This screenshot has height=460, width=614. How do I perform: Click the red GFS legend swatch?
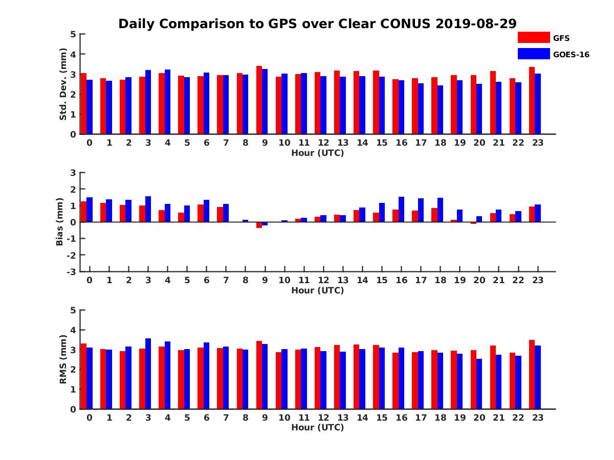coord(533,37)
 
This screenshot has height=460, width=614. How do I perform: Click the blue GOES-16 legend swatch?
coord(533,54)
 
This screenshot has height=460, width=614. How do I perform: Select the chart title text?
coord(317,24)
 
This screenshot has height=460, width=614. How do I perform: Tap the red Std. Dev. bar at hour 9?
coord(259,100)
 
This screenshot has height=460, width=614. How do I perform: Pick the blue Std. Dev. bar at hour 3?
coord(148,102)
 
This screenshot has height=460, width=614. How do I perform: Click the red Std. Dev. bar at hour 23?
coord(532,101)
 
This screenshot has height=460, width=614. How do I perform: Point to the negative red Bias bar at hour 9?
coord(259,225)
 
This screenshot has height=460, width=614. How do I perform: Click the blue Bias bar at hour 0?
coord(90,210)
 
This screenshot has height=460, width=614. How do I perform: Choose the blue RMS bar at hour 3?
coord(148,374)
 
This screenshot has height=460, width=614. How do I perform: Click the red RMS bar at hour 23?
coord(532,375)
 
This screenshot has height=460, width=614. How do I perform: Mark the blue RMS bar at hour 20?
coord(479,384)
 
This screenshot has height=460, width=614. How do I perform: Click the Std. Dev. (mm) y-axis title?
coord(63,84)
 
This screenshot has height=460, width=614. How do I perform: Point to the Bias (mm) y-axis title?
coord(59,222)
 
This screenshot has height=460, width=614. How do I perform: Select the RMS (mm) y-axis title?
coord(63,359)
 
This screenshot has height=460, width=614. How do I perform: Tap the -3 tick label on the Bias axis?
coord(72,271)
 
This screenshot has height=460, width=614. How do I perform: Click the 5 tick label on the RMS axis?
coord(74,310)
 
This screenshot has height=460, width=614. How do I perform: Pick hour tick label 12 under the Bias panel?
coord(323,280)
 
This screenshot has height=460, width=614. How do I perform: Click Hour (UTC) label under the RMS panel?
coord(317,427)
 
